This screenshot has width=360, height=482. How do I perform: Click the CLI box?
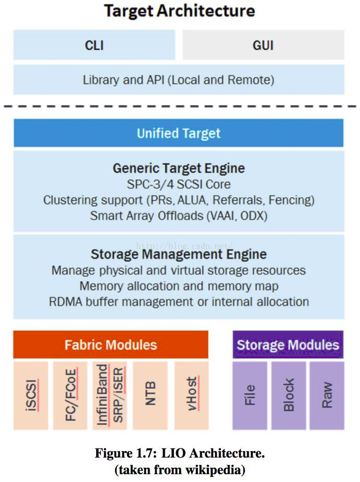point(94,45)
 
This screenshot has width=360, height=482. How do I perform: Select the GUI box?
point(263,45)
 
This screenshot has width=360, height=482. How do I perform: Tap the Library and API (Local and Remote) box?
point(179,80)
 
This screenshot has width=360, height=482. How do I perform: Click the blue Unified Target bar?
point(179,133)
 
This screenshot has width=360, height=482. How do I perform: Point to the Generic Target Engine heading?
point(179,168)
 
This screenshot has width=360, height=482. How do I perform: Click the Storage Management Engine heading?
point(179,254)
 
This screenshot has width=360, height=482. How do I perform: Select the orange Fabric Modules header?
point(110,345)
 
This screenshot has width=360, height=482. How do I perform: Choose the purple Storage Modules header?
point(288,345)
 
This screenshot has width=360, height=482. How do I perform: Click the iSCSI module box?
point(31,395)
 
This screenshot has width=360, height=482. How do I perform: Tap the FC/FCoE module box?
point(70,395)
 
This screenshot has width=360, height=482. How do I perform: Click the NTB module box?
point(150,395)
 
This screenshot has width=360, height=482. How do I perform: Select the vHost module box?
point(191,395)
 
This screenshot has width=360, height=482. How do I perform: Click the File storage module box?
point(250,395)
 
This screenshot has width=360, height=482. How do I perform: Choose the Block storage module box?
point(289,395)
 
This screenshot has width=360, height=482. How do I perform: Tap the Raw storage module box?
point(327,395)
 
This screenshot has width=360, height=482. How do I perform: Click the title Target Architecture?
point(180,11)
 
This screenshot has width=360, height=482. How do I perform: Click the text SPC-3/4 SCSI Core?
point(179,184)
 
